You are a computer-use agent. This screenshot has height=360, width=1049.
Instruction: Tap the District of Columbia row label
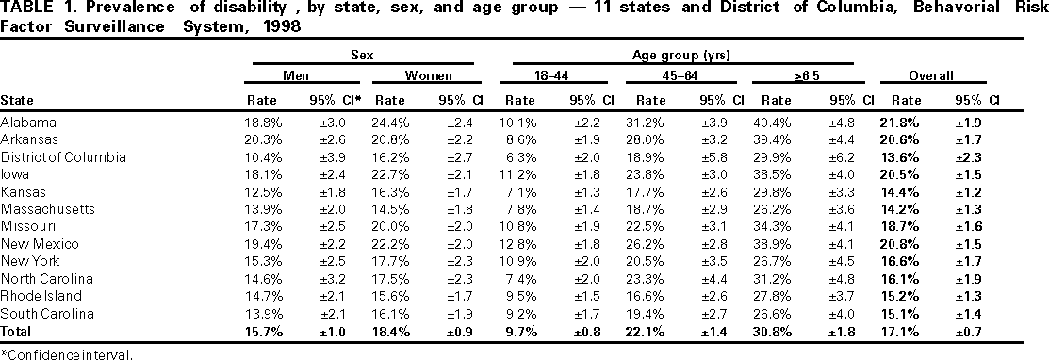pos(58,155)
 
